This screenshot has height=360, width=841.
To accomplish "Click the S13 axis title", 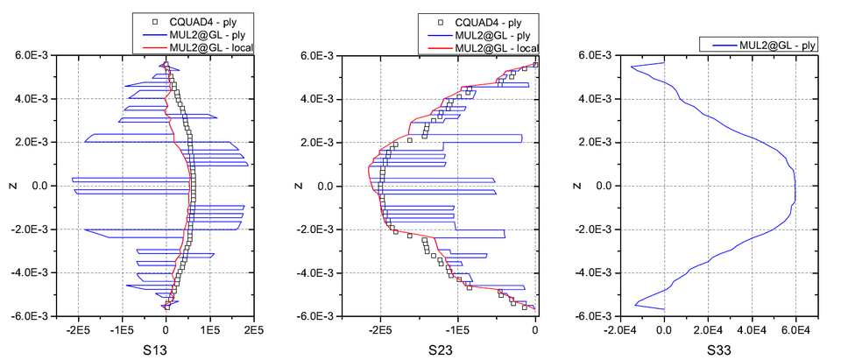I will pyautogui.click(x=165, y=349).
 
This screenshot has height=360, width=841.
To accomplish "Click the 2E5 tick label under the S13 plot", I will pyautogui.click(x=253, y=330).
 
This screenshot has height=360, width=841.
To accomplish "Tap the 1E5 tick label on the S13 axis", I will pyautogui.click(x=209, y=330).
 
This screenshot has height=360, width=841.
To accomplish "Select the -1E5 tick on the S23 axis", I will pyautogui.click(x=456, y=330).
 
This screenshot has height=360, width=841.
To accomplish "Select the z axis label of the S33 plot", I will pyautogui.click(x=576, y=186).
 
